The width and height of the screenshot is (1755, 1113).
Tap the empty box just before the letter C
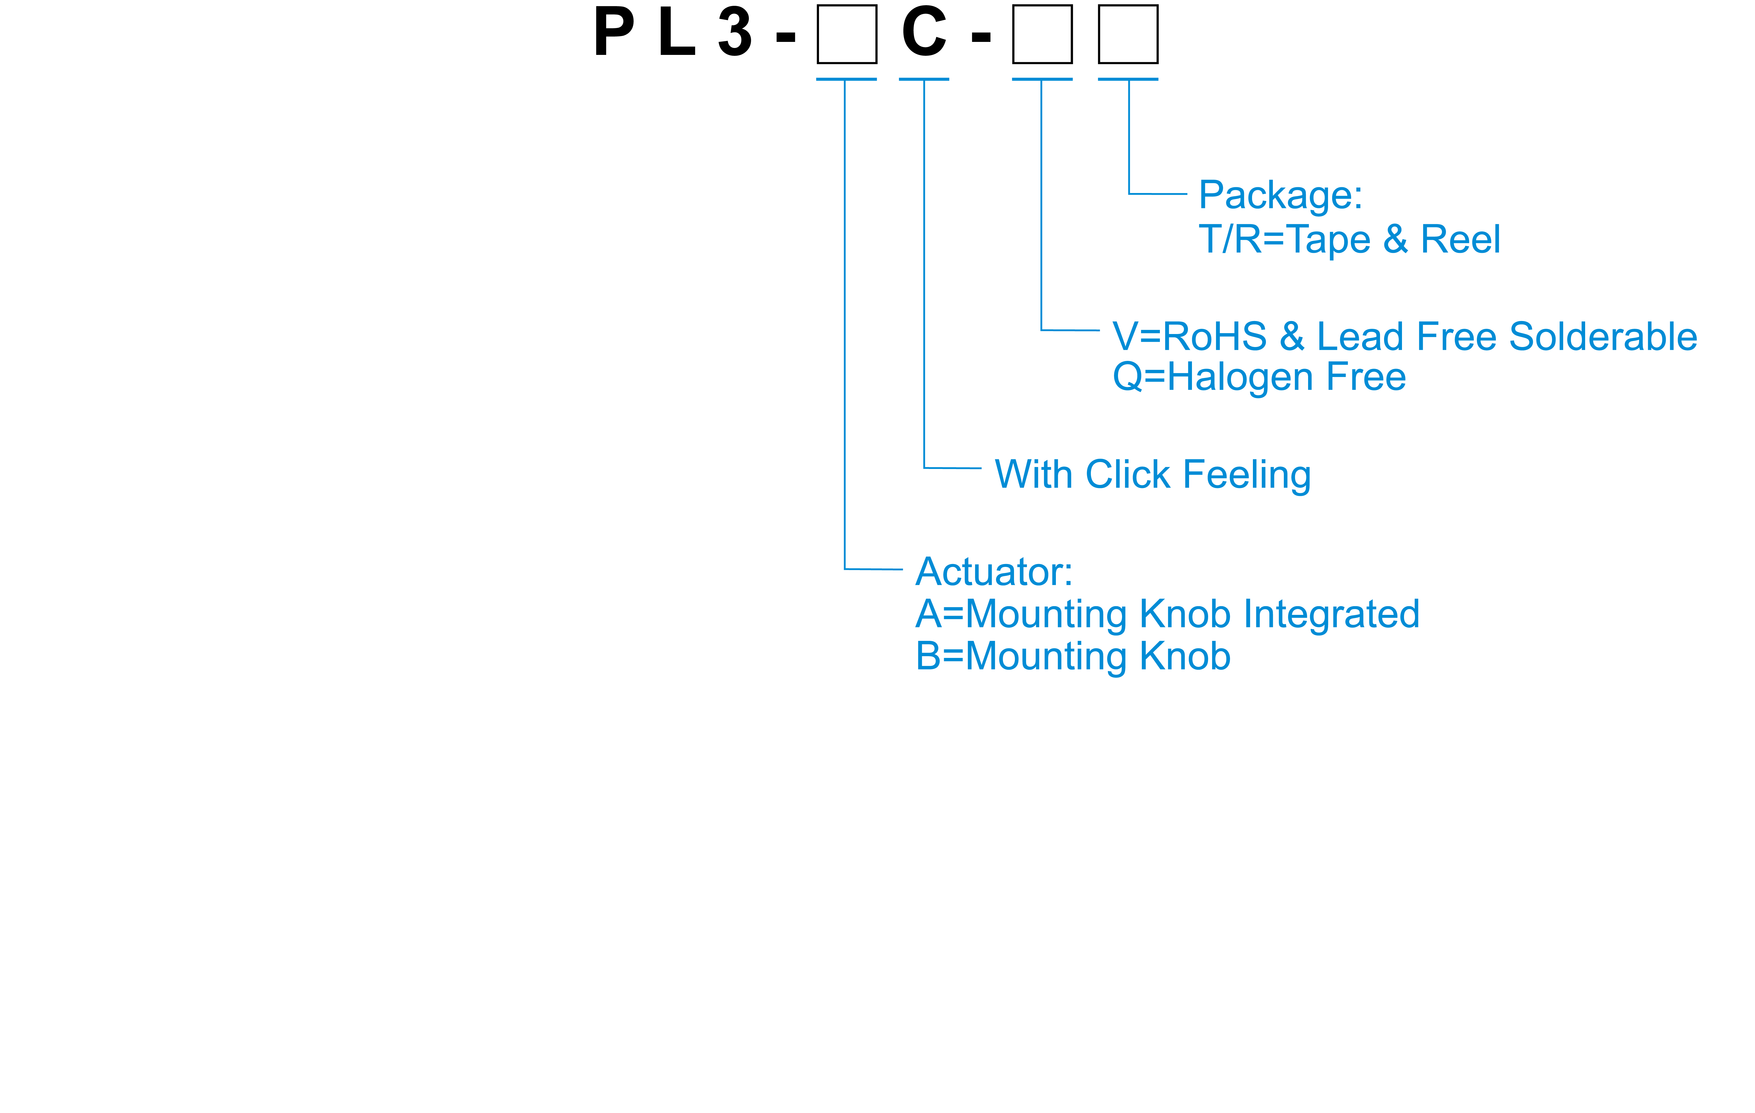pyautogui.click(x=846, y=34)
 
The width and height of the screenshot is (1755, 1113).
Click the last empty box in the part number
pyautogui.click(x=1128, y=34)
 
